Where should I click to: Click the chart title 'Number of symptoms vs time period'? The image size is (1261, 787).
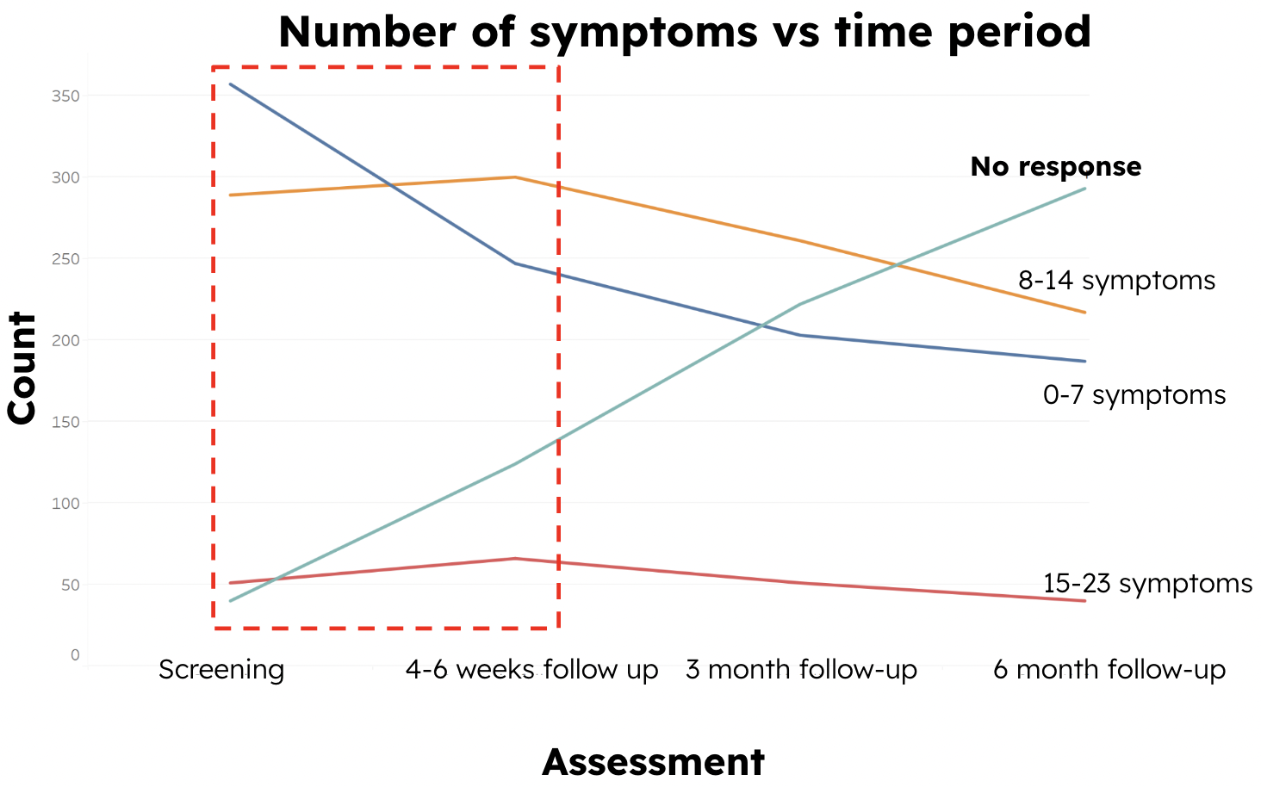685,32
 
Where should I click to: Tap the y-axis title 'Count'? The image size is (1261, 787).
22,369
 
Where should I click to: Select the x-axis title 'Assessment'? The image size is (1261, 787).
653,762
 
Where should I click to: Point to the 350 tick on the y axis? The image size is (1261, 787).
65,96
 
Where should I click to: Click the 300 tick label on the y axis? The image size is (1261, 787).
65,177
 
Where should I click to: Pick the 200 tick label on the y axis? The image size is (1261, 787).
65,340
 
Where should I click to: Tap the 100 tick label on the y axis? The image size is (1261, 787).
65,503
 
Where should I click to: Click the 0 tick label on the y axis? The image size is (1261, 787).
75,655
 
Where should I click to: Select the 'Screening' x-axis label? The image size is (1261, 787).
221,670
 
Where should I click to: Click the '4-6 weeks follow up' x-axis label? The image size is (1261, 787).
531,670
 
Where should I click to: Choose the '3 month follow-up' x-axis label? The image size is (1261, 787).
801,670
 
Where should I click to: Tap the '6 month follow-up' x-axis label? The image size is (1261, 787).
1109,670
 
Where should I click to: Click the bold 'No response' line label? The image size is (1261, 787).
1055,166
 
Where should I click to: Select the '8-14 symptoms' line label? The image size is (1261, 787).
1116,281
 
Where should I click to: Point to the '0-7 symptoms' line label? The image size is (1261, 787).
1134,395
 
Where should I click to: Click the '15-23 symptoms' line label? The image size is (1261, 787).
1147,584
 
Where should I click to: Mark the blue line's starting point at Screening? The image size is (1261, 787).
230,84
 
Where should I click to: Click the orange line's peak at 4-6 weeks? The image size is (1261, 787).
515,177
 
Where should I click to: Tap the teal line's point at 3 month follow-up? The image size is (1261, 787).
801,304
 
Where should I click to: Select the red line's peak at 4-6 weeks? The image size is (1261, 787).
515,559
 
